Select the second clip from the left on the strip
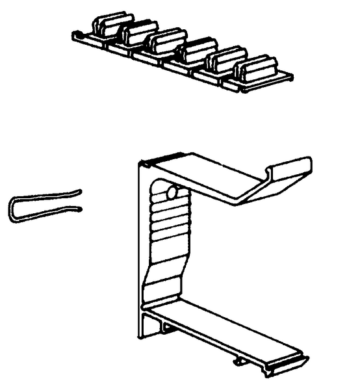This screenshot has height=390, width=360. pyautogui.click(x=137, y=34)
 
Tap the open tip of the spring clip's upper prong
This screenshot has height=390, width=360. pyautogui.click(x=79, y=192)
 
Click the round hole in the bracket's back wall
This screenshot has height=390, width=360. pyautogui.click(x=172, y=193)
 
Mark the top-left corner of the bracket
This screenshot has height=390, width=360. pyautogui.click(x=141, y=162)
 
